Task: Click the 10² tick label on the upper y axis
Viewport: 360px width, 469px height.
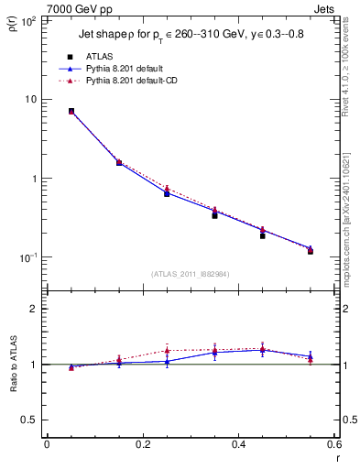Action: pos(27,19)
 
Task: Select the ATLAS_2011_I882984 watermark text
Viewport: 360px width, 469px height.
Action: pos(190,274)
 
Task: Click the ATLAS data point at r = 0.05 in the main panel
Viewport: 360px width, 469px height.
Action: pos(71,111)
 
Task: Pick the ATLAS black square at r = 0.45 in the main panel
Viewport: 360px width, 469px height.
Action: pos(262,235)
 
